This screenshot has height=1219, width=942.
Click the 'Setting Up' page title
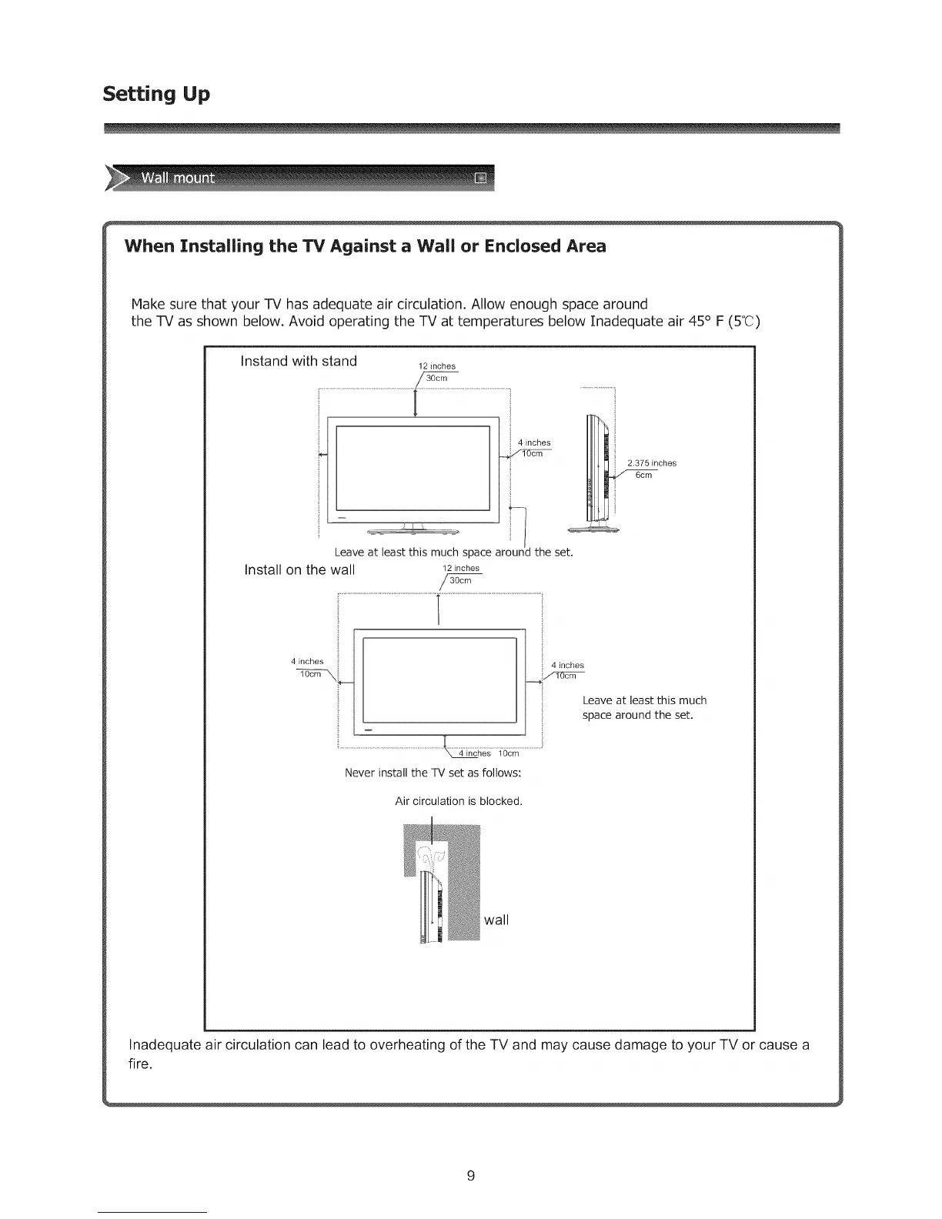coord(156,94)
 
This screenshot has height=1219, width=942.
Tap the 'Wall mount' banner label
coord(177,179)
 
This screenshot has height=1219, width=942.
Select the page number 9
coord(471,1175)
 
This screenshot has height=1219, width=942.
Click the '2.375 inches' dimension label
coord(652,463)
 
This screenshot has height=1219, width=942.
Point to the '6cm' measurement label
coord(643,475)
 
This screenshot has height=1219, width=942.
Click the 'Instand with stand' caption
coord(299,361)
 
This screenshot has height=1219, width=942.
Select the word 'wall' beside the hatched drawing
coord(496,920)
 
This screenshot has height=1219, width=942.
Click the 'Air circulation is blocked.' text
coord(459,801)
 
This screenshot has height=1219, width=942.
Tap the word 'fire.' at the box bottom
coord(141,1064)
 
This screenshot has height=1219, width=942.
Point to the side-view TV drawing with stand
coord(598,469)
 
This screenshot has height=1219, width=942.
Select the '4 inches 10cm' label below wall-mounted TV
coord(489,753)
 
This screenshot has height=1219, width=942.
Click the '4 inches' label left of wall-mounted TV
coord(307,661)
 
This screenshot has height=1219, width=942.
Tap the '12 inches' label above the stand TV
coord(436,366)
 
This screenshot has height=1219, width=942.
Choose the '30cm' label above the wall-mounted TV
coord(460,580)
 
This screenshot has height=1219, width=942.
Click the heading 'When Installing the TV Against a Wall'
coord(366,246)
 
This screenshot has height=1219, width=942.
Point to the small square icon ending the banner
coord(482,179)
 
